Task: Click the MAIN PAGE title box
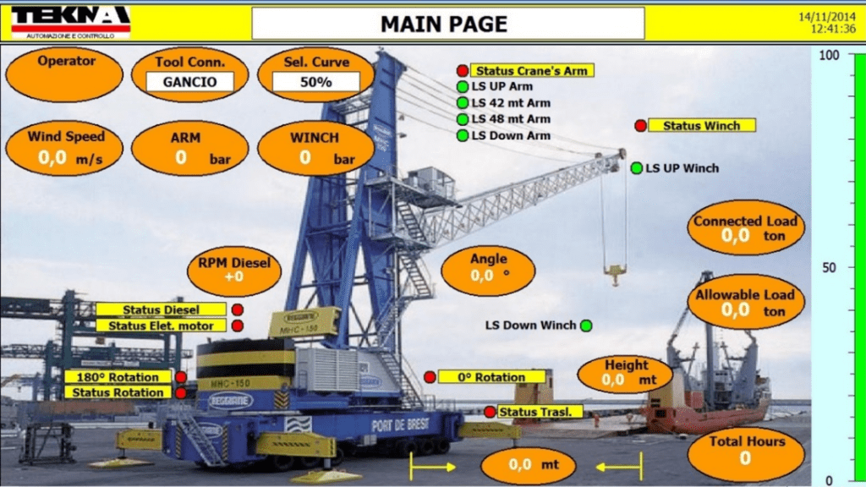pyautogui.click(x=443, y=24)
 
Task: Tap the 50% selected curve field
pyautogui.click(x=315, y=82)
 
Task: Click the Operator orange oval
pyautogui.click(x=64, y=74)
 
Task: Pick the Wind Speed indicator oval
pyautogui.click(x=66, y=148)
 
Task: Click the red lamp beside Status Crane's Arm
pyautogui.click(x=463, y=71)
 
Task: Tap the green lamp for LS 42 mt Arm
pyautogui.click(x=463, y=103)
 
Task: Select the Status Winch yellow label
pyautogui.click(x=701, y=126)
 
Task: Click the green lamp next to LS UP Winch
pyautogui.click(x=637, y=168)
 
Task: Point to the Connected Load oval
pyautogui.click(x=745, y=228)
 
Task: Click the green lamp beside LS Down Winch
pyautogui.click(x=586, y=326)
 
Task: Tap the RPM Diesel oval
pyautogui.click(x=234, y=269)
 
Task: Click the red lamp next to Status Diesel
pyautogui.click(x=238, y=310)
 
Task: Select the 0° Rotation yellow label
pyautogui.click(x=491, y=377)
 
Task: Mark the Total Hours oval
pyautogui.click(x=746, y=449)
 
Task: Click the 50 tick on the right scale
pyautogui.click(x=830, y=268)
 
